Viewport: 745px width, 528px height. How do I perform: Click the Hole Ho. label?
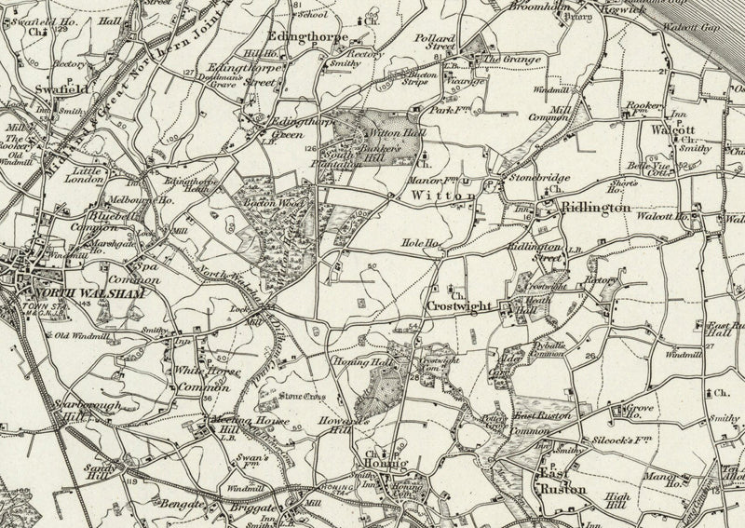pos(419,244)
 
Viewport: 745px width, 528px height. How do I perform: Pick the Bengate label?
pos(186,508)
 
